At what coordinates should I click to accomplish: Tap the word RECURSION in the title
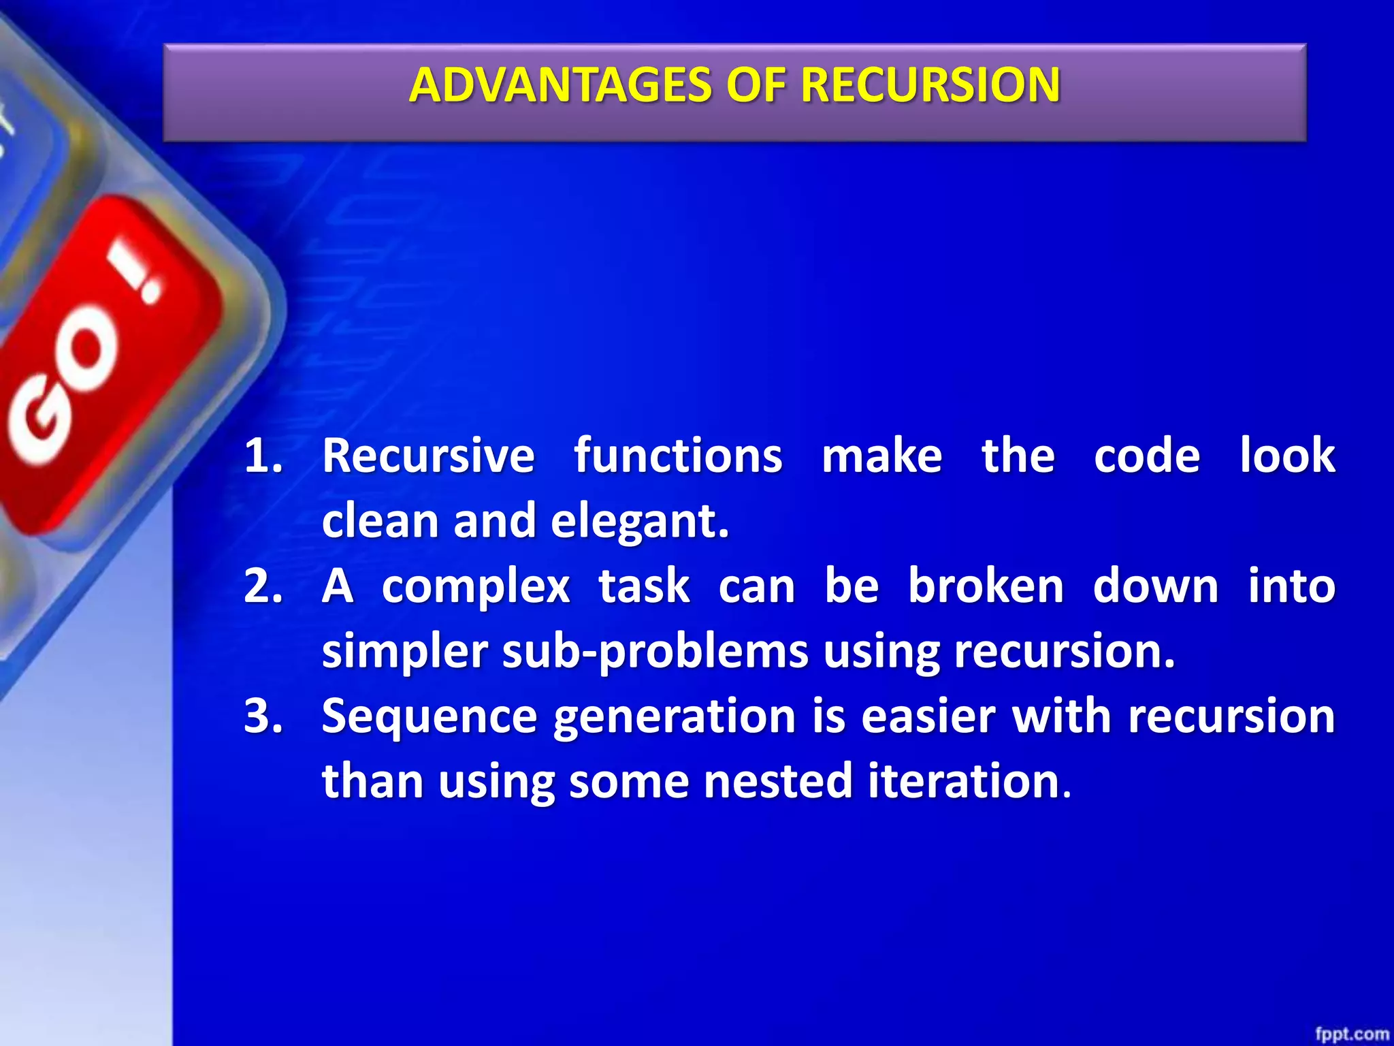pos(930,86)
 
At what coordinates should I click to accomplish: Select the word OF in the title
pos(756,86)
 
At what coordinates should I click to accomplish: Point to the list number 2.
pos(263,586)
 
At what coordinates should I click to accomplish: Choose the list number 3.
pos(263,716)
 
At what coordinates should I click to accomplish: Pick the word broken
pos(986,586)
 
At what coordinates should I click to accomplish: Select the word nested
pos(777,781)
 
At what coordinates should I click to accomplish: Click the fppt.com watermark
pos(1351,1034)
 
